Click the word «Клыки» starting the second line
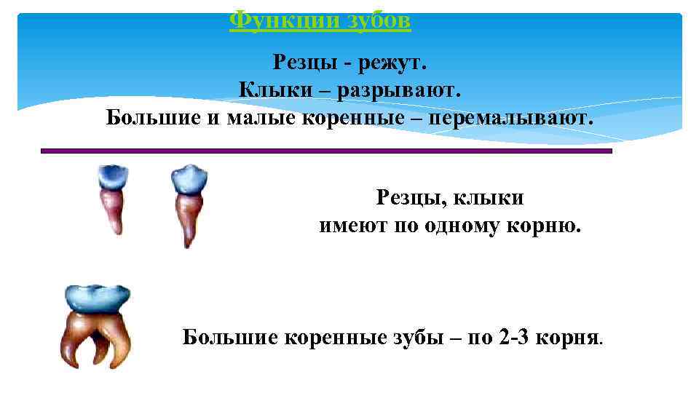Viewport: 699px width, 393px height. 269,90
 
